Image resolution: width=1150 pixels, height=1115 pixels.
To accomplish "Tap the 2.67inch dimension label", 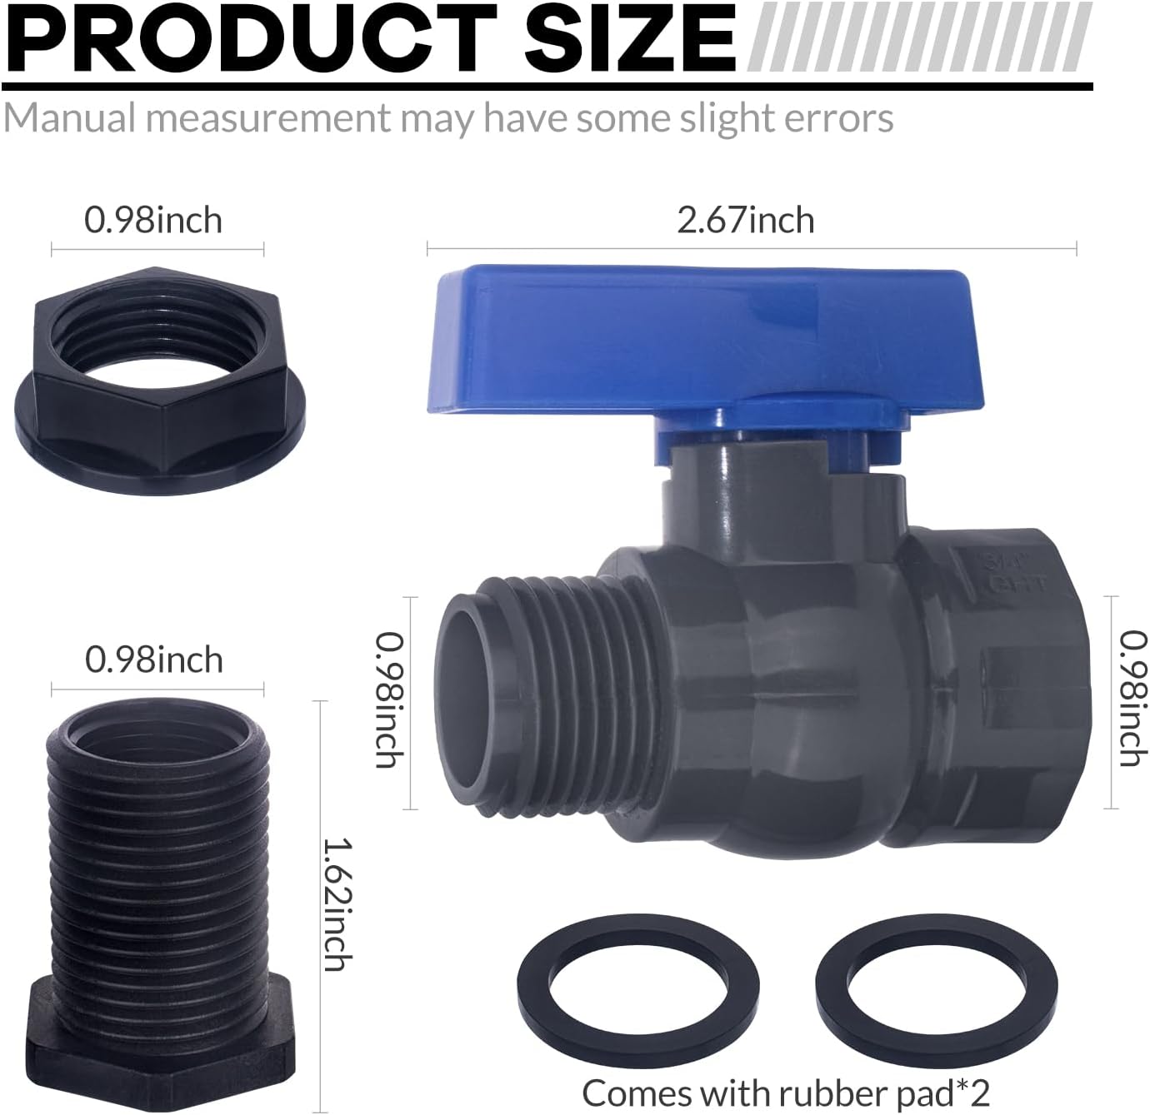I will [x=745, y=221].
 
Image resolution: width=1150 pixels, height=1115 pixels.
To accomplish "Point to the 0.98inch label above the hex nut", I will [x=153, y=221].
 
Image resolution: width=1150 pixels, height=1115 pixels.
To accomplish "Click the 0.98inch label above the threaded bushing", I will [x=154, y=660].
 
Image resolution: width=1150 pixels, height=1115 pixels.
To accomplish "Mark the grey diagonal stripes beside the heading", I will [x=920, y=37].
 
